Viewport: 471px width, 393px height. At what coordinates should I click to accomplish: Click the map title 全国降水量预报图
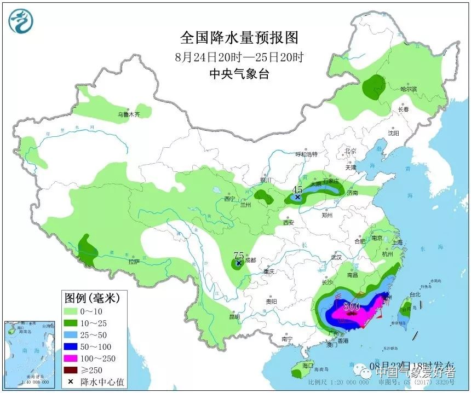pos(239,38)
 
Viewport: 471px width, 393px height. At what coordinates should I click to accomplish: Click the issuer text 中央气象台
pos(239,74)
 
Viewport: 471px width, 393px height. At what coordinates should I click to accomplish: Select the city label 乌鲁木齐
pos(129,114)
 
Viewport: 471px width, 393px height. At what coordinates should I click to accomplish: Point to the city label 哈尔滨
pos(409,89)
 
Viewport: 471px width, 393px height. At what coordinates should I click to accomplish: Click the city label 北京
pos(351,151)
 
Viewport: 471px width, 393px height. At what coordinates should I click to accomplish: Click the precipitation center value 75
pos(238,256)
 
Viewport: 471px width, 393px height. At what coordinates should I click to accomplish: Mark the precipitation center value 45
pos(297,189)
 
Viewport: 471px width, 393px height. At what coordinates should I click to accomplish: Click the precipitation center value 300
pos(351,307)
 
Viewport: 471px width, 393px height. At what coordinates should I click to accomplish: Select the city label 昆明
pos(234,316)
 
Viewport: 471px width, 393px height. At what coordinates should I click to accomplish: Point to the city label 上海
pos(397,242)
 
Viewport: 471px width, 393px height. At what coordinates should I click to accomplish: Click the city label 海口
pos(307,365)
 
